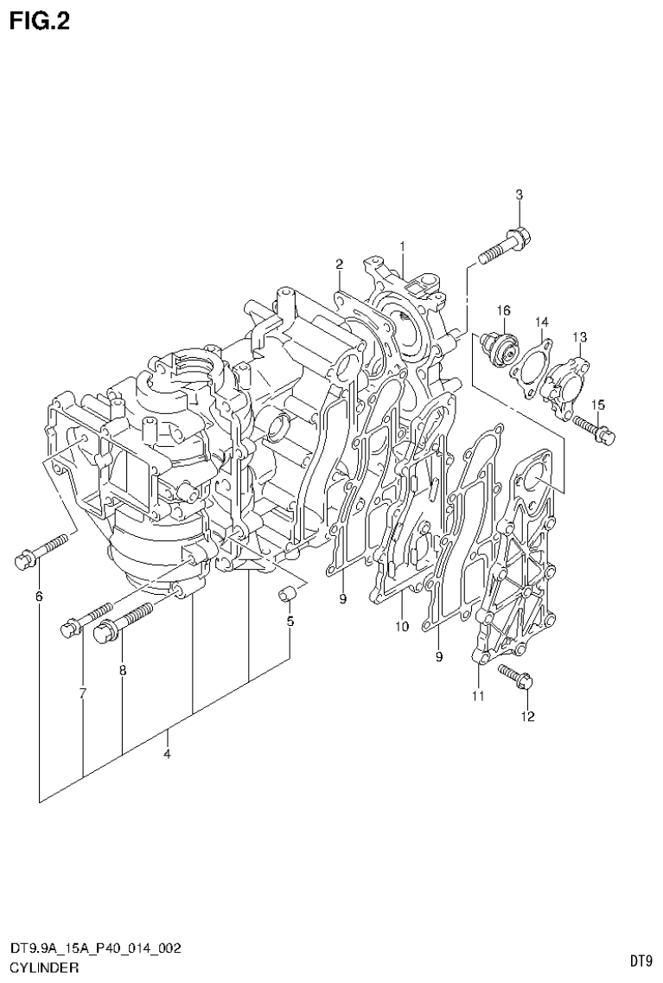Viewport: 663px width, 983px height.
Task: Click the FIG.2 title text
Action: pyautogui.click(x=39, y=20)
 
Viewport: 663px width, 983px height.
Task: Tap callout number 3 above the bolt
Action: pyautogui.click(x=519, y=195)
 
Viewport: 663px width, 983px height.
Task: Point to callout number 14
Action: pyautogui.click(x=541, y=322)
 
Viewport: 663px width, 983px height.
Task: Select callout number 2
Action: pyautogui.click(x=340, y=264)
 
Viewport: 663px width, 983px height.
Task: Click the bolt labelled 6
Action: pyautogui.click(x=41, y=552)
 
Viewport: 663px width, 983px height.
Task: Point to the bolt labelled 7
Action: pyautogui.click(x=87, y=617)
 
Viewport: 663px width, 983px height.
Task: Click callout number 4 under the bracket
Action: pyautogui.click(x=167, y=754)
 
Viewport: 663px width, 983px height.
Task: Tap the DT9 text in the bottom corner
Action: pyautogui.click(x=639, y=960)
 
